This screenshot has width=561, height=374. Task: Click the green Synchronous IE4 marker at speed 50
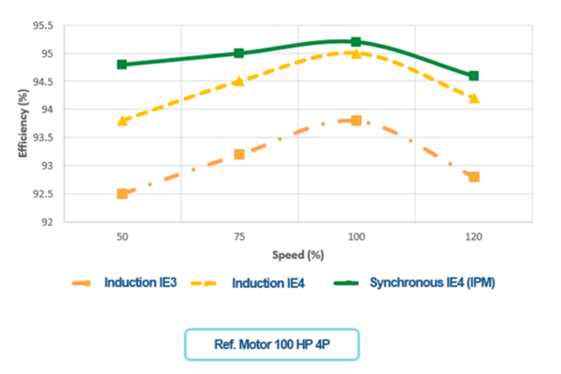(122, 65)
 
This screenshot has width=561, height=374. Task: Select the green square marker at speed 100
(356, 42)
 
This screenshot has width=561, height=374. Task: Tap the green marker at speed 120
(474, 76)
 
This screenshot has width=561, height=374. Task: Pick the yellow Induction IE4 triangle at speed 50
(122, 121)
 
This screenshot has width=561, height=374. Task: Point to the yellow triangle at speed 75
(239, 81)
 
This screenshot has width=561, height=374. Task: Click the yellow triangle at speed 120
(474, 98)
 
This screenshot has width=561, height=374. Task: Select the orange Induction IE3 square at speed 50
(122, 194)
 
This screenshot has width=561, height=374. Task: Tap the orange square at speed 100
(356, 121)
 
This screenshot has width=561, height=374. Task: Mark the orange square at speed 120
(474, 177)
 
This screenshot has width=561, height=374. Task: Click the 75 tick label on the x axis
(239, 237)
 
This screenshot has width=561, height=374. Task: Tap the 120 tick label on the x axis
(474, 237)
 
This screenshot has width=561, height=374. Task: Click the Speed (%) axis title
(298, 254)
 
